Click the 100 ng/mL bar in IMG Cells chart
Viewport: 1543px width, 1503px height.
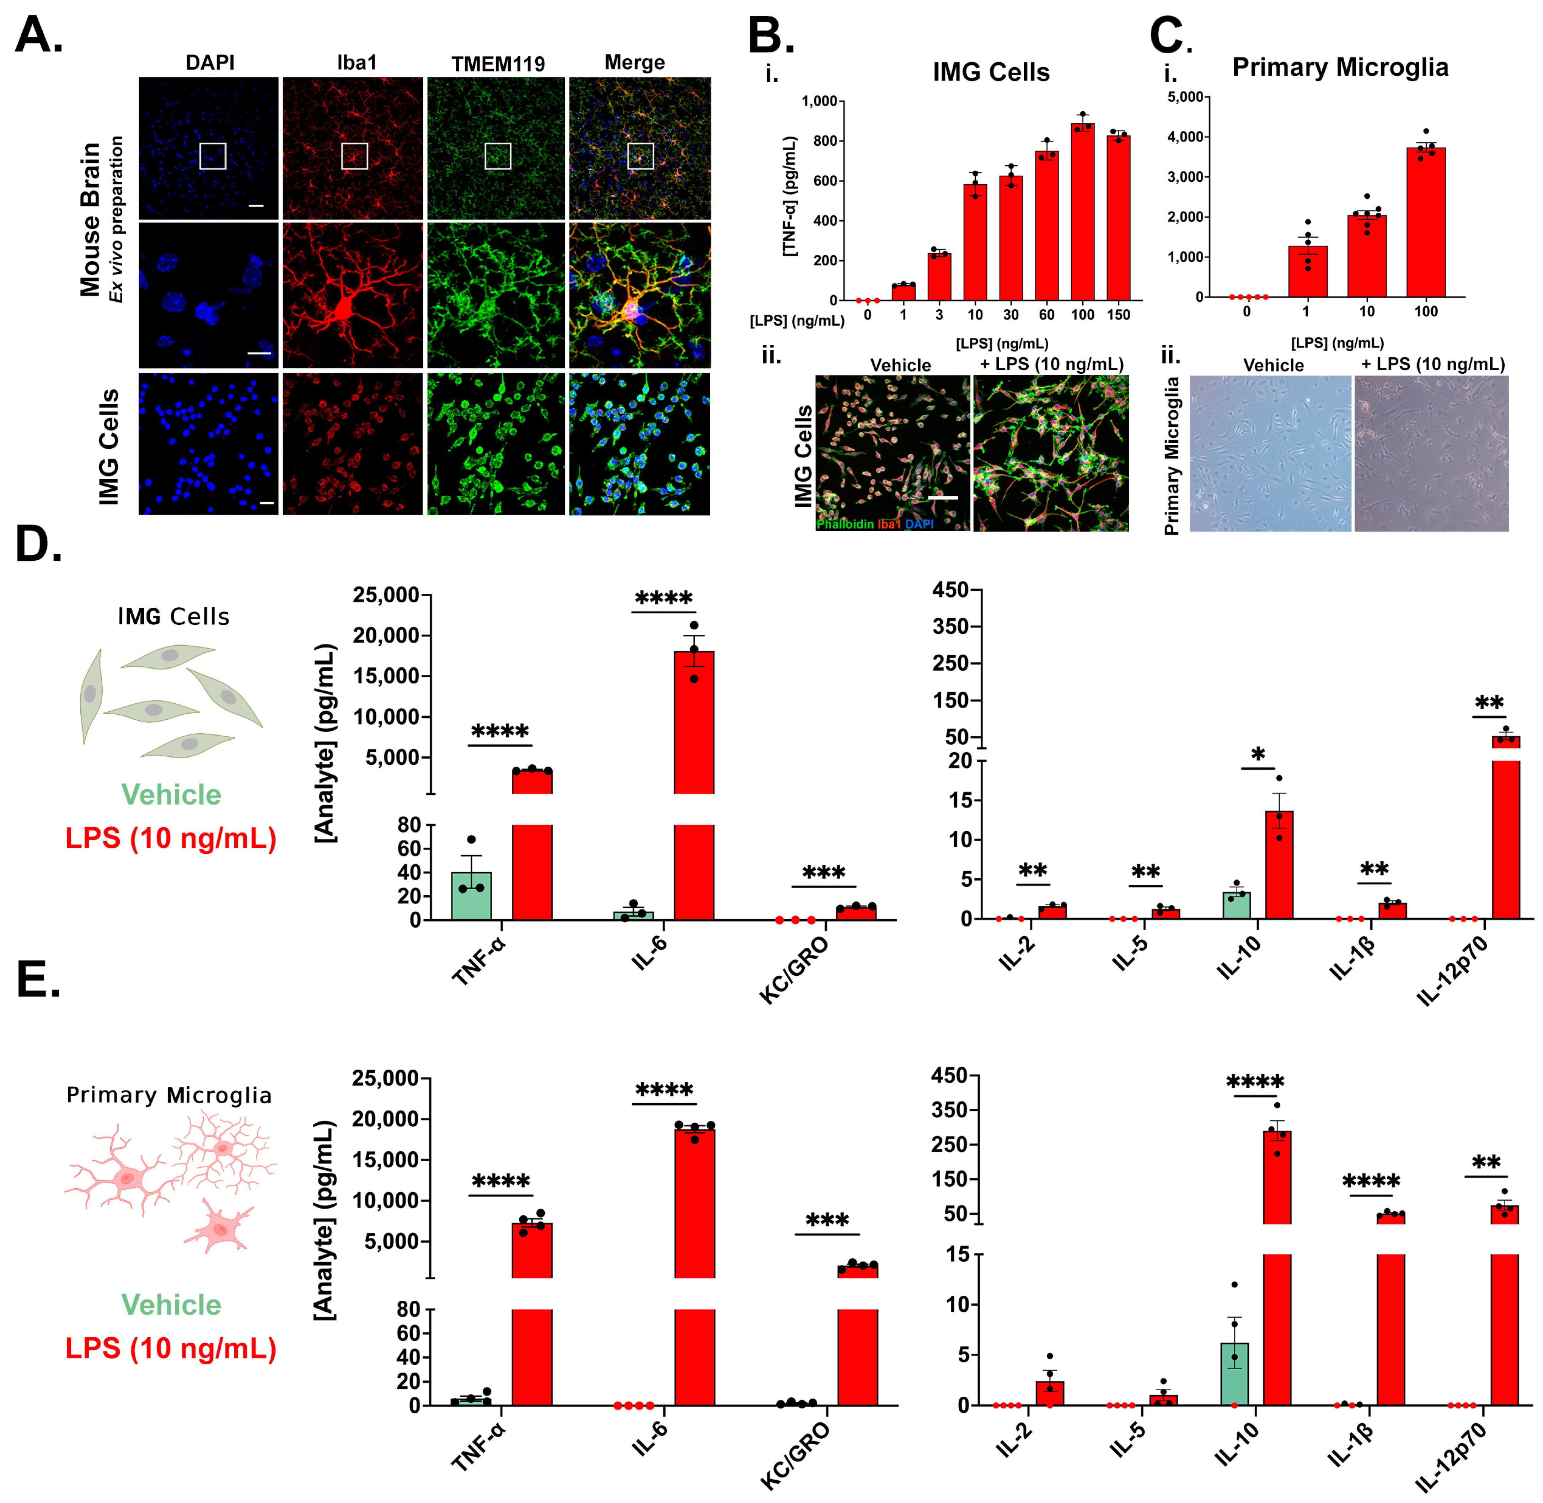point(1082,213)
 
